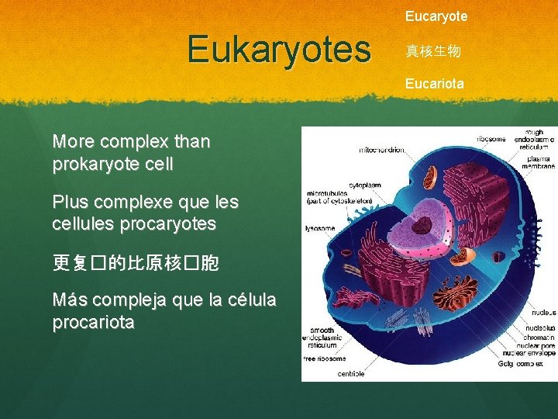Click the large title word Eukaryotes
coord(279,50)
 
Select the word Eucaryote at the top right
coord(436,16)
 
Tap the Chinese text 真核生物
coord(433,51)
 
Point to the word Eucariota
coord(435,83)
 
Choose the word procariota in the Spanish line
coord(93,321)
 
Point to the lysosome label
coord(320,229)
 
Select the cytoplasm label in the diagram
coord(364,186)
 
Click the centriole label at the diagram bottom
coord(351,374)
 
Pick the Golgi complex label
coord(536,363)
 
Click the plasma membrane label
coord(537,161)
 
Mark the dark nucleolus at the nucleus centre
coord(422,226)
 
